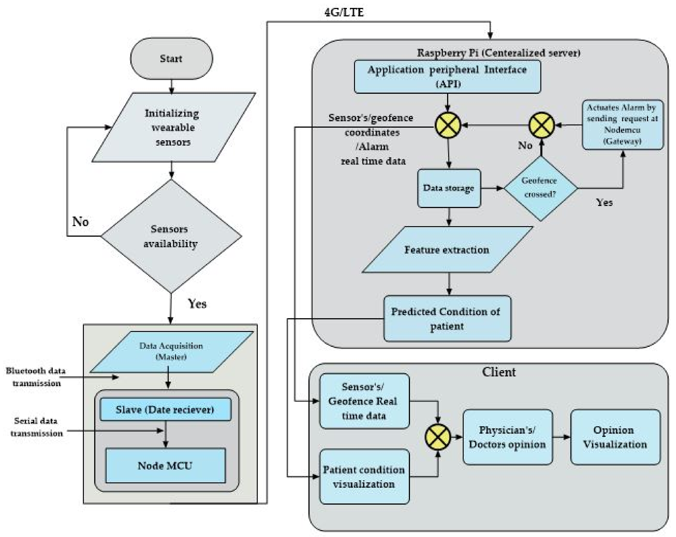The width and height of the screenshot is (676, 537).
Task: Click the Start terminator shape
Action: pos(171,59)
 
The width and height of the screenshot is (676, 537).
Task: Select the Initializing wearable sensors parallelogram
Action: pos(173,127)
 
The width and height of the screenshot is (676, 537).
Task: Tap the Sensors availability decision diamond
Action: pos(171,236)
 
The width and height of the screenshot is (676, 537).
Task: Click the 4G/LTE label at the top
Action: pos(344,13)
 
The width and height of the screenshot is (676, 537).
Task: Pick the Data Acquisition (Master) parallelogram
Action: pos(171,352)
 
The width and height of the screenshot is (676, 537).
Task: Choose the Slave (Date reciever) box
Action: pos(165,410)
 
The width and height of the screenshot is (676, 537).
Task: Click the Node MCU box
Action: pos(165,466)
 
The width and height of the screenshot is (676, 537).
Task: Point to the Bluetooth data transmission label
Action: pos(36,377)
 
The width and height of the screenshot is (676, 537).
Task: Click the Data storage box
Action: pos(449,188)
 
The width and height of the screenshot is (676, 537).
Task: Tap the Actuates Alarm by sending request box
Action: pos(622,124)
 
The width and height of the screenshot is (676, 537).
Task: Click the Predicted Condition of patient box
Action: pos(447,319)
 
